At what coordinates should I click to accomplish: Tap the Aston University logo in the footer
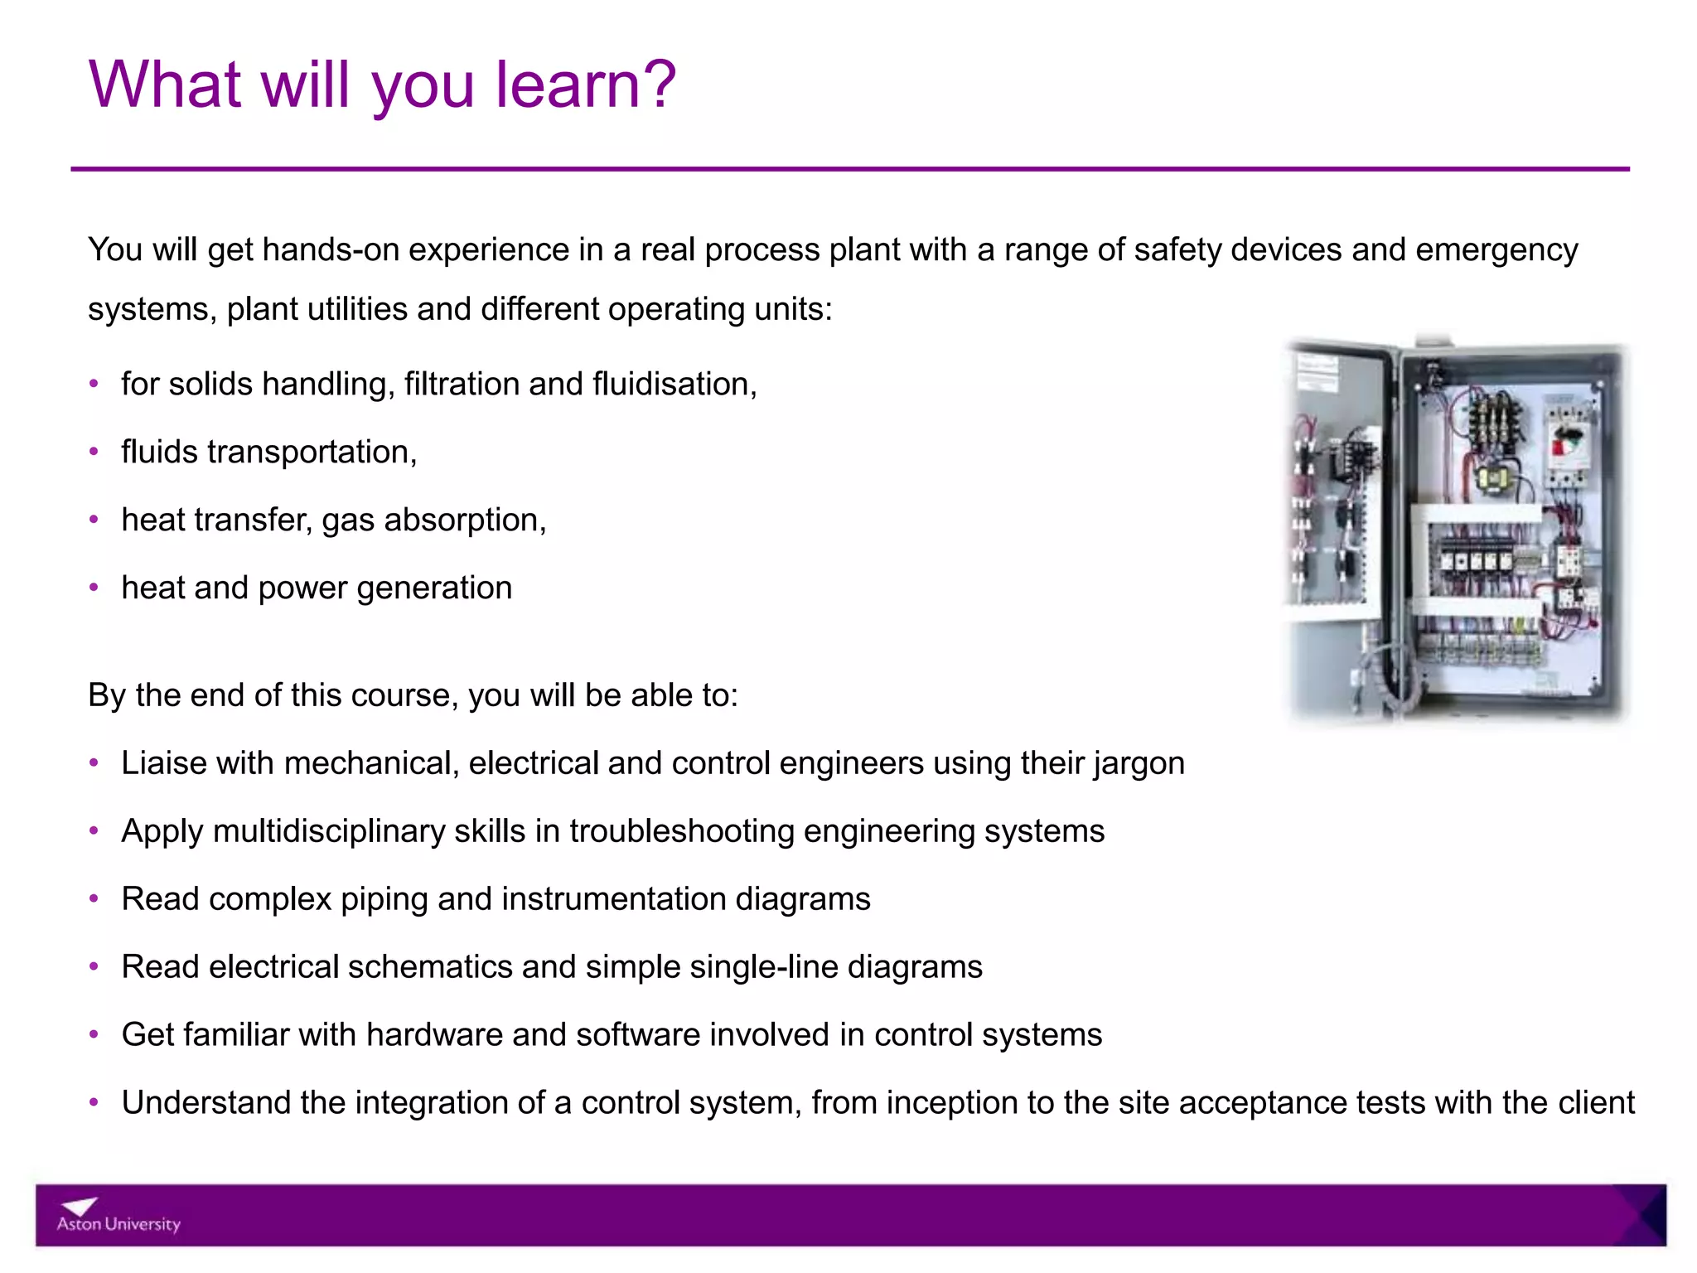[x=118, y=1216]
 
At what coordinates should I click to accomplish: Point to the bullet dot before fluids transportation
[x=94, y=452]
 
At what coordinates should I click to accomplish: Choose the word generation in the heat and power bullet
[x=434, y=588]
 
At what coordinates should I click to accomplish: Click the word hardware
[x=434, y=1035]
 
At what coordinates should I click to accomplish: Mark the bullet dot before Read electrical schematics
[x=94, y=967]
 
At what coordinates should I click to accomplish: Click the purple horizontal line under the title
[x=848, y=169]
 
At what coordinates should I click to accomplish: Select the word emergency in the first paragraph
[x=1496, y=249]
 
